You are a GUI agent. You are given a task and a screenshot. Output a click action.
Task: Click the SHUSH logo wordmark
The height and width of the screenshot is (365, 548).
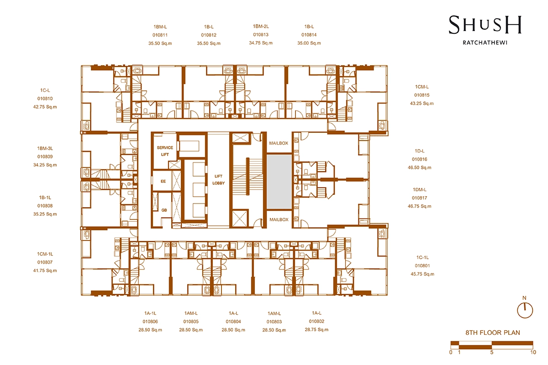click(x=485, y=25)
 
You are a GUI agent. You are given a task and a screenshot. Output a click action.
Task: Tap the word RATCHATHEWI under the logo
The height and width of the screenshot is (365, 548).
click(x=485, y=42)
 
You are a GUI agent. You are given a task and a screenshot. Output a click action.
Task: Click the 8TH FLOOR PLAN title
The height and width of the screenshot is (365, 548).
click(x=493, y=333)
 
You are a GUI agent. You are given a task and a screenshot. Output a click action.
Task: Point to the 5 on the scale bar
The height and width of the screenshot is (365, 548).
click(x=492, y=352)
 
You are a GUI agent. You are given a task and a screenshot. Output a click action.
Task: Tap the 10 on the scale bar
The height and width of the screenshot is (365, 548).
click(x=533, y=352)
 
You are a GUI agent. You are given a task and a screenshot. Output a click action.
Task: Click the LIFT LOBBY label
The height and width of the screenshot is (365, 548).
click(x=218, y=180)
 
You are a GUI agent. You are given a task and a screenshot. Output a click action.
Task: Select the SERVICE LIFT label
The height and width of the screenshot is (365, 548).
click(x=165, y=151)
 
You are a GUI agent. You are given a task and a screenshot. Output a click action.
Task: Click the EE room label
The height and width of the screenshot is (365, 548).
click(x=163, y=181)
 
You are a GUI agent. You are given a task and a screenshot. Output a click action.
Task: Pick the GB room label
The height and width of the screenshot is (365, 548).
click(x=164, y=210)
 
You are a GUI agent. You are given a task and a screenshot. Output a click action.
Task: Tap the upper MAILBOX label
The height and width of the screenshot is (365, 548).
click(x=279, y=143)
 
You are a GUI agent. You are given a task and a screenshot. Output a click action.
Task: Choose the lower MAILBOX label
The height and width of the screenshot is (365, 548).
click(x=279, y=219)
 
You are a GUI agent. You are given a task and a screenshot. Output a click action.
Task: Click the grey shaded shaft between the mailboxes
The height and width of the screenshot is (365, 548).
click(x=279, y=182)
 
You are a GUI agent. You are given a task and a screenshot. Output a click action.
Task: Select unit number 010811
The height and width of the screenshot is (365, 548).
click(x=160, y=35)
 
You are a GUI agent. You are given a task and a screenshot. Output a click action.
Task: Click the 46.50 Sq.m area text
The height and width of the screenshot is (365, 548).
click(x=419, y=167)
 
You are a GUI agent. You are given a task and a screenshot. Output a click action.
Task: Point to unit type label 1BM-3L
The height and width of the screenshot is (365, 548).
click(x=45, y=148)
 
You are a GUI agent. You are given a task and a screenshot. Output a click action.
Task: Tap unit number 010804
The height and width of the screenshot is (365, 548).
click(x=233, y=322)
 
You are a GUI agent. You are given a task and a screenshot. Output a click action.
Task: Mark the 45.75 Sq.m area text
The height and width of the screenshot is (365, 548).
click(x=422, y=274)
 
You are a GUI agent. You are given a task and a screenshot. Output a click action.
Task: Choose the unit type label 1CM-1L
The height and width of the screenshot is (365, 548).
click(x=45, y=254)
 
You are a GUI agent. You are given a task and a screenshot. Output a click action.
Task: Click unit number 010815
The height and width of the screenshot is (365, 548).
click(x=422, y=95)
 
